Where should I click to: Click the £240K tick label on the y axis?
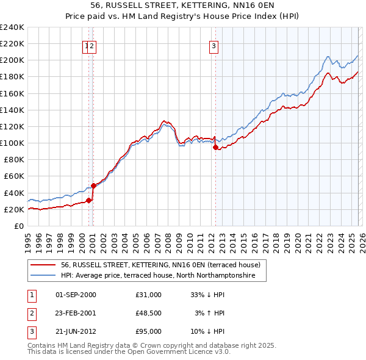pos(12,27)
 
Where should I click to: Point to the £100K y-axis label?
pos(12,143)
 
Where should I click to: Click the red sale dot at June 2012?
pos(215,147)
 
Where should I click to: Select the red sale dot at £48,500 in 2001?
pos(93,185)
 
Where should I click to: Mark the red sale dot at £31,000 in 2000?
pos(88,200)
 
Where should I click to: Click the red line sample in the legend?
pos(43,265)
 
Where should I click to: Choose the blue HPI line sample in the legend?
pos(43,276)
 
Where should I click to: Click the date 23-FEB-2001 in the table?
pos(76,313)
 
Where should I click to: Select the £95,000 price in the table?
pos(149,331)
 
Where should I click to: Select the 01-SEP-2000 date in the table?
pos(76,295)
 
